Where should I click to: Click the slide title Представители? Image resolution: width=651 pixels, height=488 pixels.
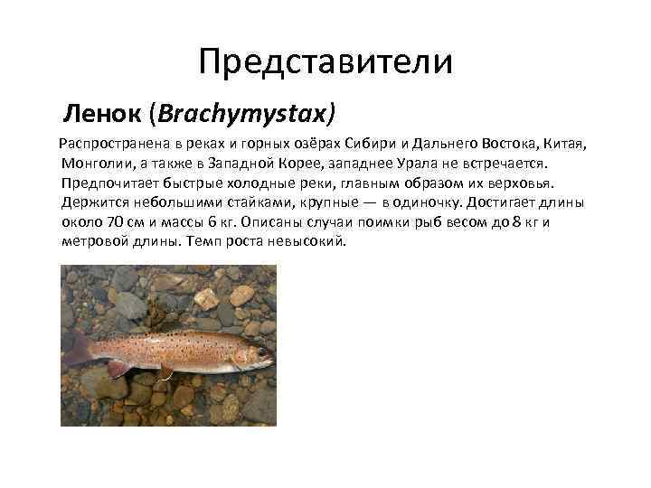point(325,61)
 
